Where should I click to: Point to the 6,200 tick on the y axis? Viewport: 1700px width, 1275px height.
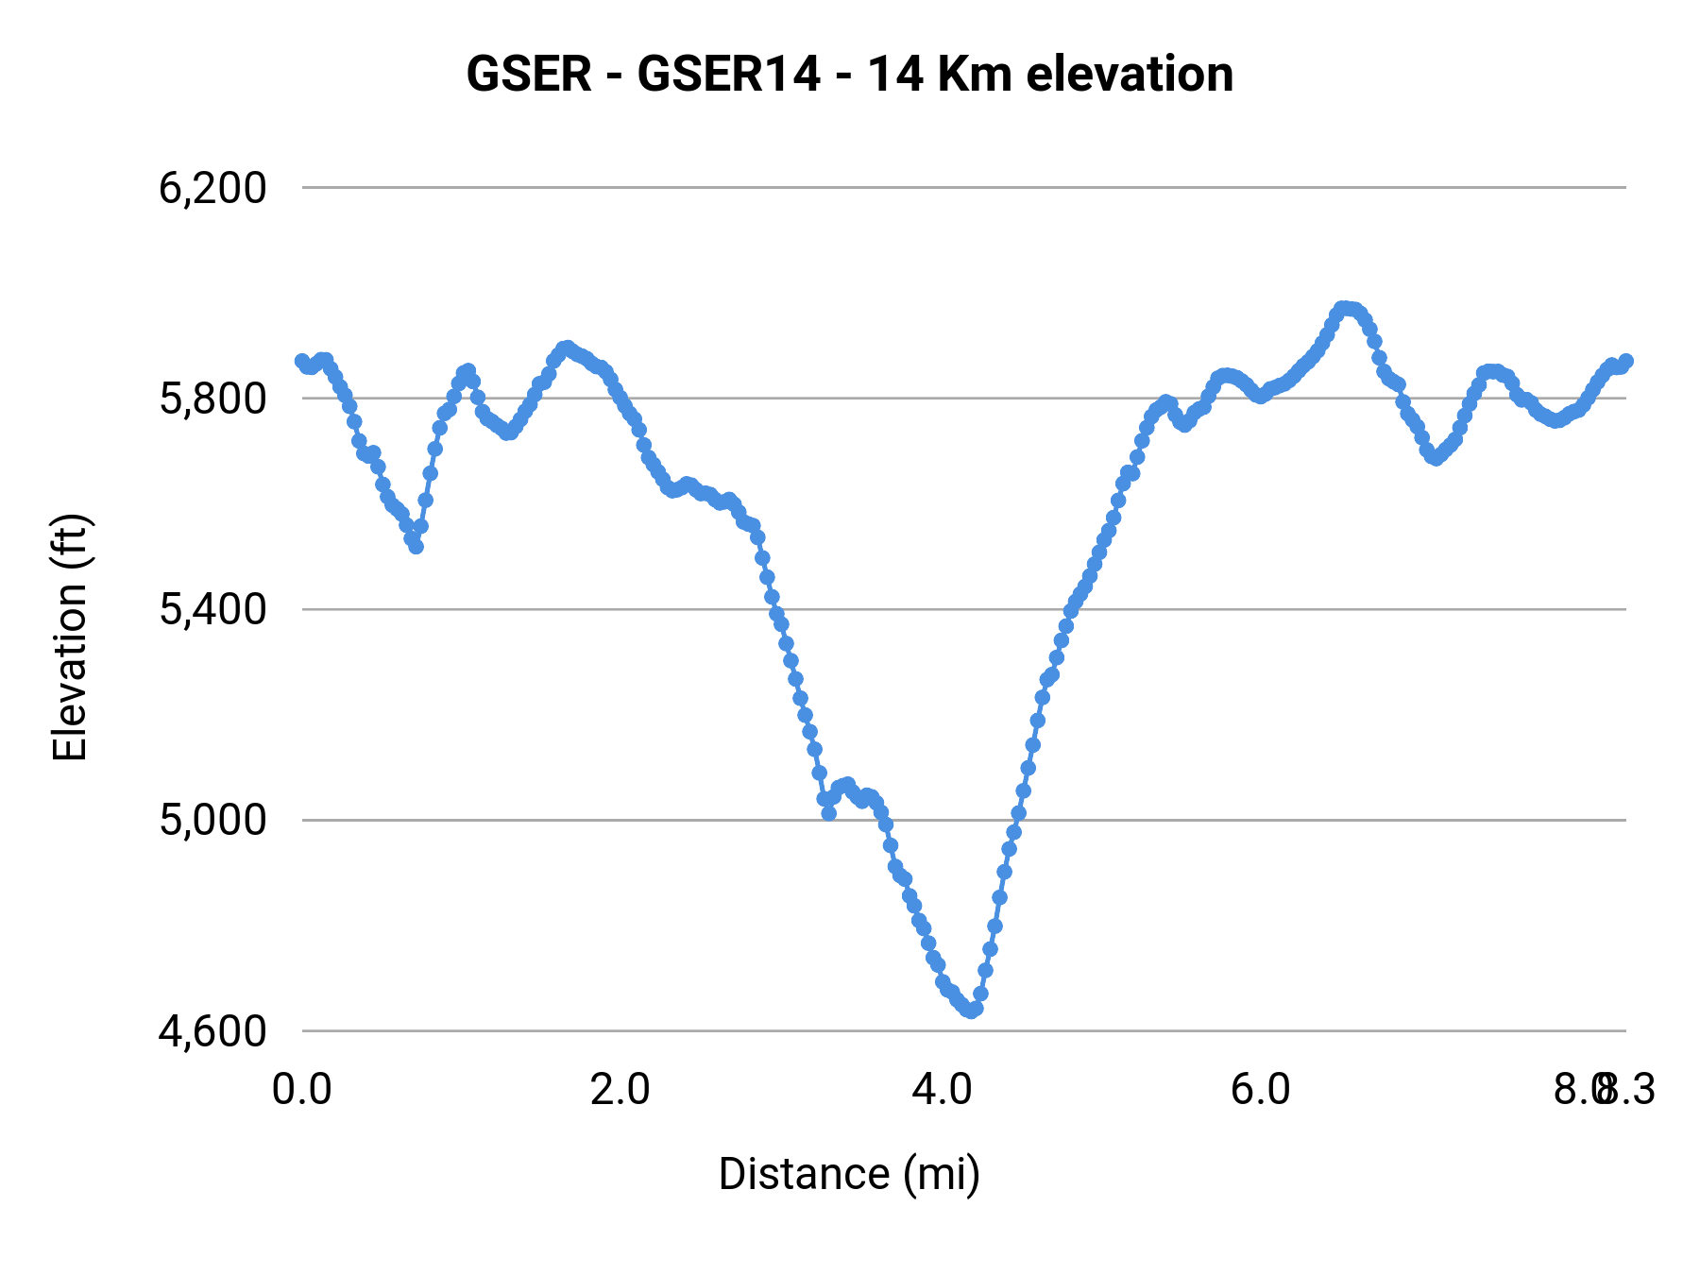(212, 188)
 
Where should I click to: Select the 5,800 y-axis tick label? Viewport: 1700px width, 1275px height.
(212, 399)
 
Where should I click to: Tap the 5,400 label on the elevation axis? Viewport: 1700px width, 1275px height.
(212, 609)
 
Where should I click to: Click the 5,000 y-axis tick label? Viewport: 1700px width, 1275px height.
(212, 820)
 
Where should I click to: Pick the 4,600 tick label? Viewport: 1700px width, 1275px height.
(212, 1030)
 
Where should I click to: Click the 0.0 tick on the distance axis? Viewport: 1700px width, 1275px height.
(301, 1089)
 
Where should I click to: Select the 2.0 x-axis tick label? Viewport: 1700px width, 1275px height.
(620, 1089)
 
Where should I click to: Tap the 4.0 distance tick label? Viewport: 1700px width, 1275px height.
(941, 1089)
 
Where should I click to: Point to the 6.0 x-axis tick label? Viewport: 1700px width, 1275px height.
(1260, 1089)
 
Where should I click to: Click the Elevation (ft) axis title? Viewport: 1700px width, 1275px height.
(70, 637)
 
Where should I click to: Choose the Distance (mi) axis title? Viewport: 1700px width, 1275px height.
(849, 1174)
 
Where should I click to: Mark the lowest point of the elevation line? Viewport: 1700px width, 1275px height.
(971, 1010)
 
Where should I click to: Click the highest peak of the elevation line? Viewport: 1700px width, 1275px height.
(1345, 309)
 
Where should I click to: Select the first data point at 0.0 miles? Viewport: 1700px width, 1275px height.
(302, 361)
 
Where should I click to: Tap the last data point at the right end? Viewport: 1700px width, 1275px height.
(1625, 361)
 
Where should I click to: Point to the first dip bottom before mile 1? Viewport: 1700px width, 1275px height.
(416, 546)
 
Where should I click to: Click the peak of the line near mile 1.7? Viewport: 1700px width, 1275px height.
(567, 348)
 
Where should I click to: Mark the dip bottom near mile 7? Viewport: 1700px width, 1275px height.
(1436, 458)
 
